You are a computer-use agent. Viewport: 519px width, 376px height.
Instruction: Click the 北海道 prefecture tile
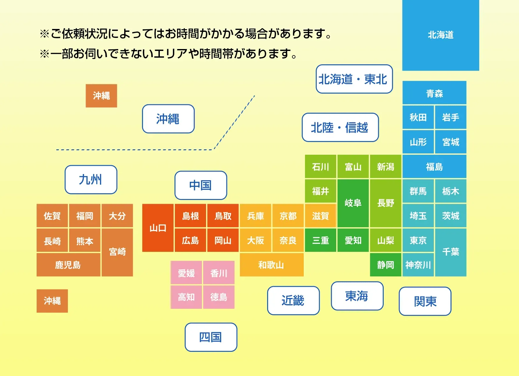(x=440, y=35)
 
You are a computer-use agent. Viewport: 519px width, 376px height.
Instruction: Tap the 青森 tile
(x=434, y=93)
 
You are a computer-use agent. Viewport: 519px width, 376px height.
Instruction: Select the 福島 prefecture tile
(x=434, y=166)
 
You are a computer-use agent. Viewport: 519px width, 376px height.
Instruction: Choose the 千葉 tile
(x=451, y=252)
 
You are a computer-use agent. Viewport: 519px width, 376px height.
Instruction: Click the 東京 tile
(x=418, y=240)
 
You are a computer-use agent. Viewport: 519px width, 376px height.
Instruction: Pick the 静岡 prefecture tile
(x=386, y=265)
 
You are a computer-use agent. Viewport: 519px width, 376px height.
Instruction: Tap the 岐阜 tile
(x=353, y=203)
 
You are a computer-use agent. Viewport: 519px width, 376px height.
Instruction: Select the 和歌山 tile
(x=272, y=265)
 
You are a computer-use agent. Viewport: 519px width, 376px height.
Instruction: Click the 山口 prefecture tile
(x=158, y=228)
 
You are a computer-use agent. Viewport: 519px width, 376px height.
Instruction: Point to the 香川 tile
(x=219, y=273)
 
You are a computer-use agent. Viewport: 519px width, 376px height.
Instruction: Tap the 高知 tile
(x=186, y=297)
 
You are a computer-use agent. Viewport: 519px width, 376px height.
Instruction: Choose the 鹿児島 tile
(x=68, y=265)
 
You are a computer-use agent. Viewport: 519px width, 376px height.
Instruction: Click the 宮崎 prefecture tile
(x=117, y=252)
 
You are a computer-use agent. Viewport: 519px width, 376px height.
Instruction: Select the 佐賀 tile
(x=52, y=216)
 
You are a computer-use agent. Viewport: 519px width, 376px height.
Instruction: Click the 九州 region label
(x=91, y=180)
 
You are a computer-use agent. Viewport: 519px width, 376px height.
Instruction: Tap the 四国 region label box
(x=211, y=337)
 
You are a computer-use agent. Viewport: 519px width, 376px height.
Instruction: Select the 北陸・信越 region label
(x=340, y=127)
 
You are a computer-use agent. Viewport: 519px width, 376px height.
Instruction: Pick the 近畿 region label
(x=293, y=301)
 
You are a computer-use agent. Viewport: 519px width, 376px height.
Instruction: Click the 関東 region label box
(x=425, y=301)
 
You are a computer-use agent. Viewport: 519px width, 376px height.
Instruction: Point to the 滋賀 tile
(x=320, y=216)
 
